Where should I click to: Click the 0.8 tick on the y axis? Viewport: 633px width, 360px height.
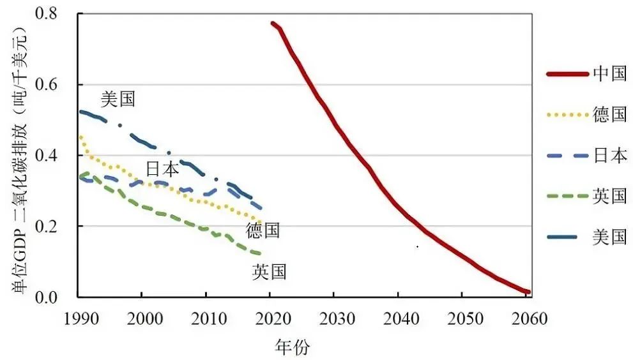point(56,14)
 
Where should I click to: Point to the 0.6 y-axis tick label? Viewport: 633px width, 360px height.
point(56,85)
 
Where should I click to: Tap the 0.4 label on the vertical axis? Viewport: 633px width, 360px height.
point(56,156)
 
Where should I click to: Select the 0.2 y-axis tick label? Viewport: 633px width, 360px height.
point(56,227)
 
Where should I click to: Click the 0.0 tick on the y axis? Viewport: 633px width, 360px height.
point(56,297)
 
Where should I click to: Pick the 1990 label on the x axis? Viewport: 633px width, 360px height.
point(78,319)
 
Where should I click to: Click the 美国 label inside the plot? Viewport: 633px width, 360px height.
point(118,99)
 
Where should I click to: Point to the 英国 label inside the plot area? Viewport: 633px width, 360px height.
point(269,273)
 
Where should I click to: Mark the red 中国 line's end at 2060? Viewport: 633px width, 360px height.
point(528,292)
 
